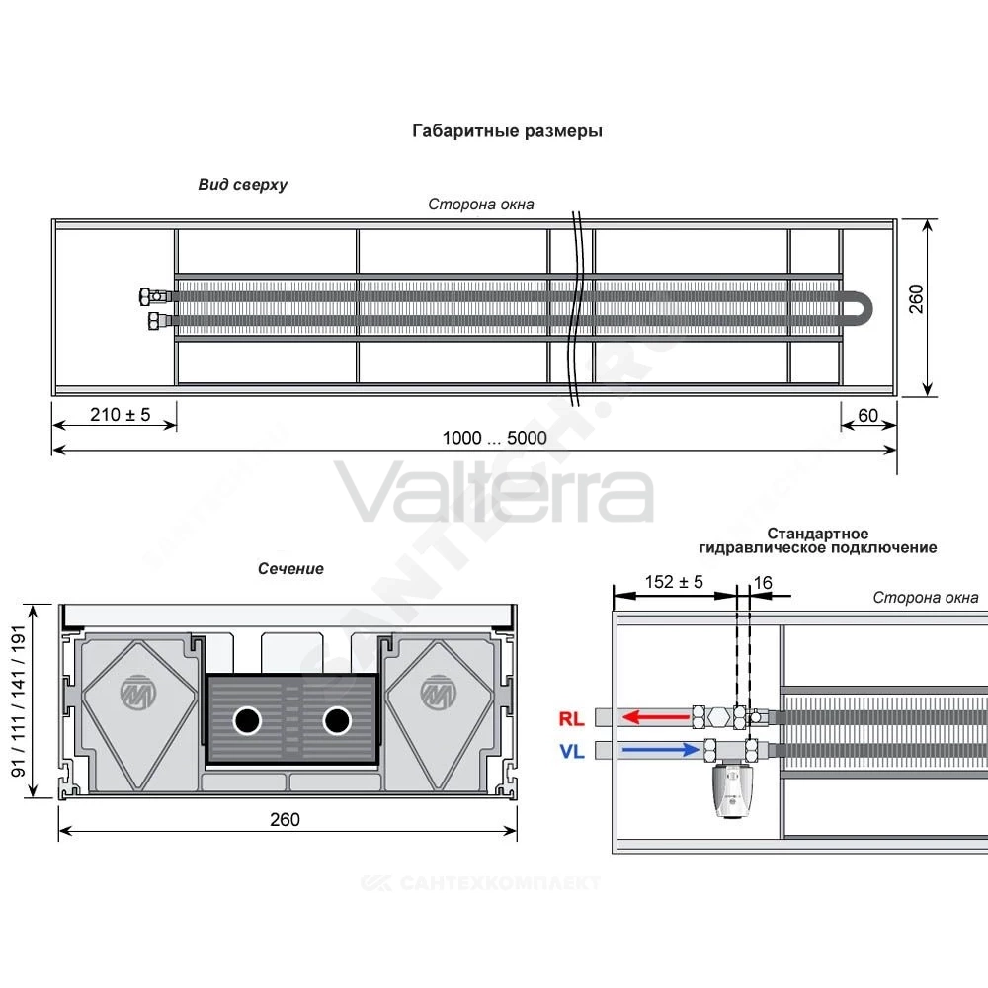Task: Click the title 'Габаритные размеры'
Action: coord(507,131)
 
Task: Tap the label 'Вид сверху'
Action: coord(243,185)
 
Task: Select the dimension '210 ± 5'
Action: coord(121,415)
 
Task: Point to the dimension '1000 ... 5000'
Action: coord(495,438)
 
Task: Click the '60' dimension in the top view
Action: coord(867,416)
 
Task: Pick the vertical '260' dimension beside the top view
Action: coord(916,298)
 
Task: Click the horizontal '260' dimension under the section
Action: coord(285,819)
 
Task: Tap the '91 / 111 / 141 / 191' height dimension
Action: coord(19,701)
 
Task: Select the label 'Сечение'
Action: coord(290,568)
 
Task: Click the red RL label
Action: coord(571,718)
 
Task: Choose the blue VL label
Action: coord(571,751)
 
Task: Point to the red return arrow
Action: coord(656,717)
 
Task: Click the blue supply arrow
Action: coord(660,749)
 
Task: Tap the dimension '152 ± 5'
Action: coord(674,582)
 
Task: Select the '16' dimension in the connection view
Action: coord(763,583)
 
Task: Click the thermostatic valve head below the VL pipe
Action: coord(731,790)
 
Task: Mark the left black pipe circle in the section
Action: coord(247,721)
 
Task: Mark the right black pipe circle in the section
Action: coord(337,721)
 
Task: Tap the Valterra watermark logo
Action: coord(494,490)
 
